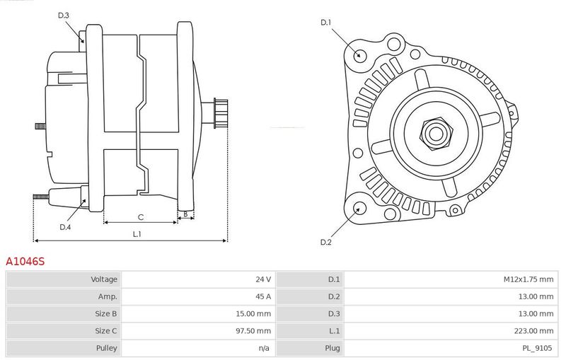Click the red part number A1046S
(25, 261)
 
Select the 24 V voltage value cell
(263, 279)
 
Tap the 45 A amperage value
(263, 296)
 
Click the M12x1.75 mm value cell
(529, 279)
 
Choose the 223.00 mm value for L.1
(534, 331)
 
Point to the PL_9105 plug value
(538, 348)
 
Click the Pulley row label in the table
(107, 348)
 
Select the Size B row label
(106, 313)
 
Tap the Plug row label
(333, 348)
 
